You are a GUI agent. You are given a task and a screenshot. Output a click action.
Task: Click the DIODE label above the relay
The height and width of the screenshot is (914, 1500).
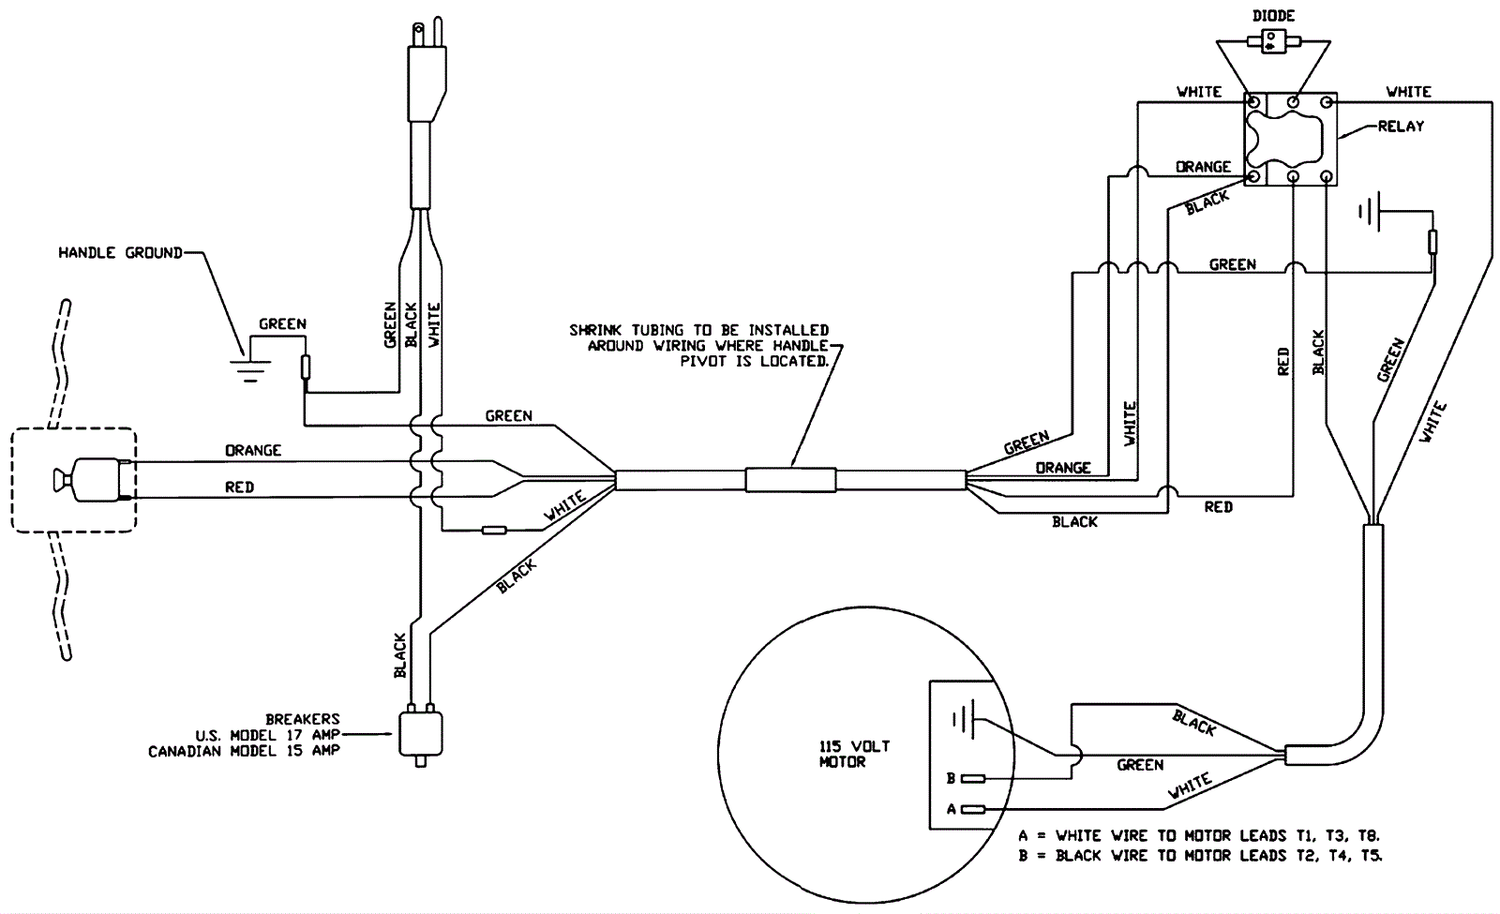[1274, 15]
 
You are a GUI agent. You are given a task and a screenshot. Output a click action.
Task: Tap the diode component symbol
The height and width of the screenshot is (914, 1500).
[1274, 42]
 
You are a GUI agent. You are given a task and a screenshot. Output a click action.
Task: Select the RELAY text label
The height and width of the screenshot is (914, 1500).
[1401, 126]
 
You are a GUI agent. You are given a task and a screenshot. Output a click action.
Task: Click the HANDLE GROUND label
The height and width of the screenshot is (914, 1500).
[121, 252]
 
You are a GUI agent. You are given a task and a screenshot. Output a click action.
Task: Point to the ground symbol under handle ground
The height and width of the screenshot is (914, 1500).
[249, 371]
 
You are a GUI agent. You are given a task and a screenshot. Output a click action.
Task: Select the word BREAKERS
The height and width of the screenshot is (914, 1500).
[303, 719]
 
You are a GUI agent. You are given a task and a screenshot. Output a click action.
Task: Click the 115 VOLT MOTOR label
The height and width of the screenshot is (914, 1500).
[854, 754]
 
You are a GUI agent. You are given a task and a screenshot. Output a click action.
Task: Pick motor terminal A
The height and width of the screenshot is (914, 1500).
[973, 810]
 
